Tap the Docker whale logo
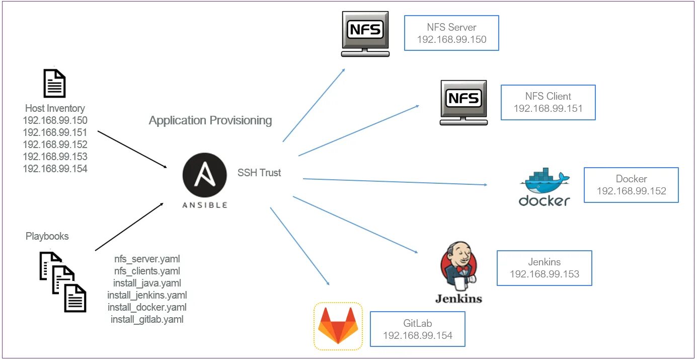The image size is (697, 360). tap(545, 186)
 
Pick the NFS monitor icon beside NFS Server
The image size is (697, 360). tap(365, 34)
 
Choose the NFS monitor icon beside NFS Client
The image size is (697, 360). tap(463, 102)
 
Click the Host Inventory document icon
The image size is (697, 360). tap(54, 83)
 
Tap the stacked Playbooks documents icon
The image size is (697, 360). tap(62, 281)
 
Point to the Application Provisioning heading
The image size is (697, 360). tap(210, 120)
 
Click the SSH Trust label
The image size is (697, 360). tap(259, 173)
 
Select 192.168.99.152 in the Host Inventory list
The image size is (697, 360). tap(55, 145)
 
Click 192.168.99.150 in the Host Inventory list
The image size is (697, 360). tap(55, 120)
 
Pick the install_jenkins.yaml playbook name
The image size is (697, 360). tap(147, 295)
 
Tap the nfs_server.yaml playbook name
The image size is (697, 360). tap(147, 259)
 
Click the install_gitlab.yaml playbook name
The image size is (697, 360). tap(147, 319)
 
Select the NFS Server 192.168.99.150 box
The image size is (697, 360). tap(451, 33)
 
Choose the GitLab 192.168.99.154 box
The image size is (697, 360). tap(417, 329)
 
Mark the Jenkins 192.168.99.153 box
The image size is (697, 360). tap(544, 268)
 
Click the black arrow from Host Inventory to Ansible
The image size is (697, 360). tap(132, 150)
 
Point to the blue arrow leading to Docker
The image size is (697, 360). tap(395, 182)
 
